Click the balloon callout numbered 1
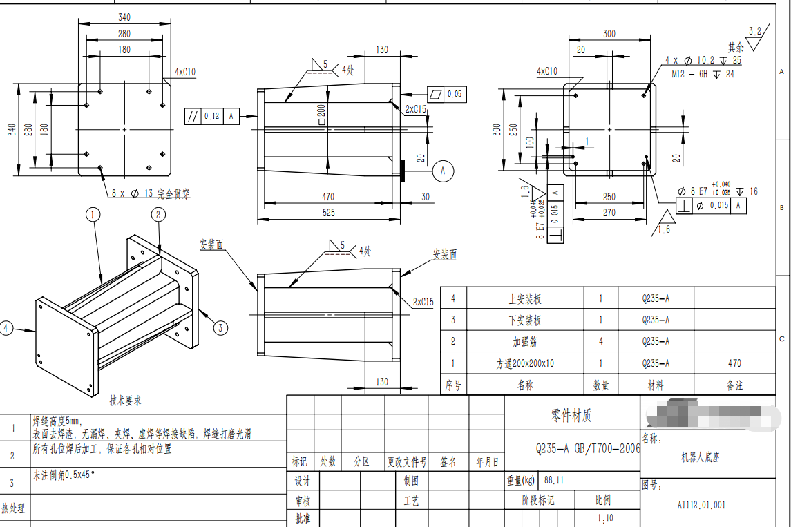click(x=93, y=215)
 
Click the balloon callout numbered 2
click(x=158, y=215)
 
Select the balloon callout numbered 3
click(x=220, y=327)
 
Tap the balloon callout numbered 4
click(x=7, y=327)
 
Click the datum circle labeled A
click(x=444, y=169)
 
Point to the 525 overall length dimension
click(x=328, y=213)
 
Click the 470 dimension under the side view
click(x=328, y=197)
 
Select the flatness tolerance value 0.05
click(x=455, y=94)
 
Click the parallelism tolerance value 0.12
click(x=211, y=116)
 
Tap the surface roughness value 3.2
click(x=755, y=31)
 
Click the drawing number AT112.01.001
click(x=701, y=505)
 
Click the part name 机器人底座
click(x=701, y=457)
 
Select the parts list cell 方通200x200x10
click(x=526, y=363)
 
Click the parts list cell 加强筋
click(x=526, y=341)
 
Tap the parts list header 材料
click(x=656, y=385)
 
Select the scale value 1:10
click(x=605, y=518)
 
